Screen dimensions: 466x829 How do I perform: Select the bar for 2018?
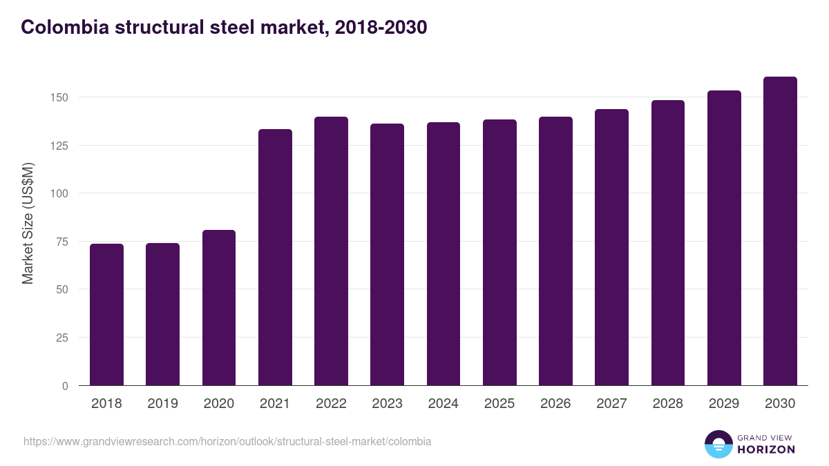pos(106,315)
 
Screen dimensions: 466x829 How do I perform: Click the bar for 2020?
pos(219,308)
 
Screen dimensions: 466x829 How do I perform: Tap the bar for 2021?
pos(275,258)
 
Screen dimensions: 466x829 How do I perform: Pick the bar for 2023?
pos(387,255)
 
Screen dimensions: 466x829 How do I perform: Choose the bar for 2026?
pos(555,251)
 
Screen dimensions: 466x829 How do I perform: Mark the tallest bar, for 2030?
pos(780,231)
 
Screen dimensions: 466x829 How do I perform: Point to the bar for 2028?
pos(667,243)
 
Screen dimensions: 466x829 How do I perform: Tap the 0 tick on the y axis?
pos(65,386)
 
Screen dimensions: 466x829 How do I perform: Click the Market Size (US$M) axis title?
pos(28,223)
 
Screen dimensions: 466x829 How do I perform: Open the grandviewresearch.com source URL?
pos(227,441)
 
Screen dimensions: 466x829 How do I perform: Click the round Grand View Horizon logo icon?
pos(718,444)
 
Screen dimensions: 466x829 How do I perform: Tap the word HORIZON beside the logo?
pos(767,449)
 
